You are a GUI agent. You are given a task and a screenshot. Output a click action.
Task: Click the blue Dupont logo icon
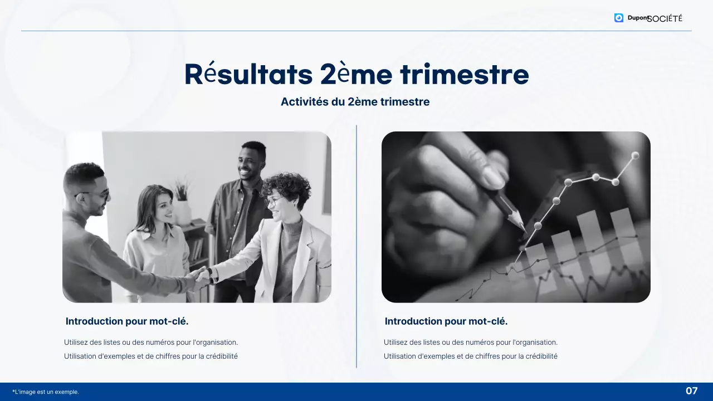coord(619,18)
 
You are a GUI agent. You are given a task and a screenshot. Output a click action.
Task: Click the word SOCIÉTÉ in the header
coord(665,18)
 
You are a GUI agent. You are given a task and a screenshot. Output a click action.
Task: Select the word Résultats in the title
coord(248,75)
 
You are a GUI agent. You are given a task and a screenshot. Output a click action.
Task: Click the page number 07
coord(691,391)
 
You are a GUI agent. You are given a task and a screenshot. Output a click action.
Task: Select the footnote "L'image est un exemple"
coord(46,392)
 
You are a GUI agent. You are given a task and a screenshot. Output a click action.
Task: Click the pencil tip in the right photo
coord(523,228)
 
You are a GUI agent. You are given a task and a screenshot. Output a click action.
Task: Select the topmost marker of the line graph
coord(634,155)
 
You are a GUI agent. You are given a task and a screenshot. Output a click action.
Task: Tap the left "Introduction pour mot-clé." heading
coord(127,321)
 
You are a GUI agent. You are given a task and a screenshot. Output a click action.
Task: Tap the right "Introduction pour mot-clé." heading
coord(446,321)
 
